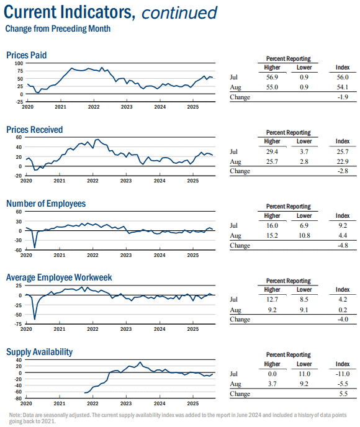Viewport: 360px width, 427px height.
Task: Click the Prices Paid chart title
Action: [27, 55]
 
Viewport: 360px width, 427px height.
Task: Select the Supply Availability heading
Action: [40, 352]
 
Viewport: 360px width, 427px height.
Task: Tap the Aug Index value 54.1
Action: [342, 87]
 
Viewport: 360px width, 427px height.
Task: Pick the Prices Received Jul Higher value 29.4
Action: [272, 151]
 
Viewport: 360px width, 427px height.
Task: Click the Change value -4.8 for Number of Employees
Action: [343, 245]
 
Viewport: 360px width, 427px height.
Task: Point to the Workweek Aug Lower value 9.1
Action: [304, 310]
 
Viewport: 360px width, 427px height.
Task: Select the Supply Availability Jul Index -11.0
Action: [342, 374]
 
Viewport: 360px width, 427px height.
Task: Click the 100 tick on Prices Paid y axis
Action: [19, 63]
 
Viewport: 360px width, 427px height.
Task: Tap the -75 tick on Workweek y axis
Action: [18, 324]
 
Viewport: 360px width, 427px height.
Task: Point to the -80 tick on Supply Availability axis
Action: [18, 398]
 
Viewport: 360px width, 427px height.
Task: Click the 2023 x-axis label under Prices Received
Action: [126, 181]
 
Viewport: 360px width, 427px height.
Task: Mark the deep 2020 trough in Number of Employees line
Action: [35, 248]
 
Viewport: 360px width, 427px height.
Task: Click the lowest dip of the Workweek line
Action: [35, 319]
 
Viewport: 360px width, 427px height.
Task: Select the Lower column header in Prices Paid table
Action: [304, 68]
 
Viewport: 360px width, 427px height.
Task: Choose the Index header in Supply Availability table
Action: [342, 364]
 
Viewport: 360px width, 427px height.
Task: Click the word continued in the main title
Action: [179, 13]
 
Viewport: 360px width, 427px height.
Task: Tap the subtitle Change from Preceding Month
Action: [58, 29]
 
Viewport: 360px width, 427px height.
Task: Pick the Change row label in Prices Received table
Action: [240, 171]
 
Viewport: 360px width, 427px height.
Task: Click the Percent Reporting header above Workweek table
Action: [289, 281]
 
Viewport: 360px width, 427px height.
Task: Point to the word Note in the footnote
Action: [15, 415]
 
